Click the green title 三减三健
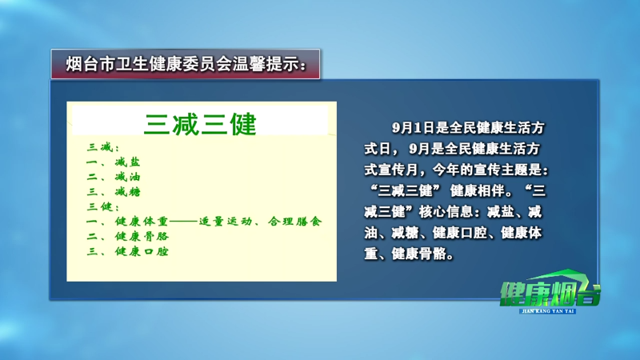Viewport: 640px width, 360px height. [200, 124]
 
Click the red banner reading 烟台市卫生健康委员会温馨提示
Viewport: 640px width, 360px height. [186, 64]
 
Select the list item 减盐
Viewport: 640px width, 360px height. [127, 162]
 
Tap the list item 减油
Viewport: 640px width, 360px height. [127, 177]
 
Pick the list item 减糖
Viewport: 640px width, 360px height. [127, 191]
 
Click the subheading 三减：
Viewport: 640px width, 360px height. [103, 147]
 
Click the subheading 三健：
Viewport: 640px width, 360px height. [103, 206]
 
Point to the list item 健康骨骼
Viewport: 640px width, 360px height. [142, 236]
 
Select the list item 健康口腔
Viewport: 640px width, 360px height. [142, 251]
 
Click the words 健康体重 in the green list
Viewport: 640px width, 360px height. [142, 222]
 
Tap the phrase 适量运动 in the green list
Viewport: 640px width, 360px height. [226, 222]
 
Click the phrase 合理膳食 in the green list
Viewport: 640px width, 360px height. [295, 222]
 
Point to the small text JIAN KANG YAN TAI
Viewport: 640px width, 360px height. [548, 311]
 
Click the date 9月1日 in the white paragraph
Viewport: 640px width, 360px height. [413, 128]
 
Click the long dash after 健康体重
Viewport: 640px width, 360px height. [184, 222]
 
